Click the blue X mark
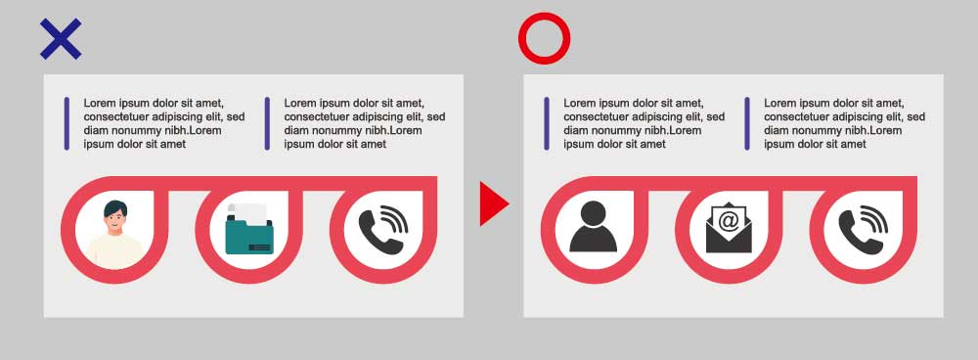pyautogui.click(x=61, y=39)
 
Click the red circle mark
pyautogui.click(x=544, y=38)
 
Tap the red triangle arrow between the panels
pyautogui.click(x=494, y=203)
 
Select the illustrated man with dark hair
pyautogui.click(x=114, y=234)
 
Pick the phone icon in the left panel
pyautogui.click(x=383, y=231)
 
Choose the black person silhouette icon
pyautogui.click(x=594, y=227)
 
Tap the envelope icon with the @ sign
pyautogui.click(x=729, y=228)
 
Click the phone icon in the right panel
pyautogui.click(x=863, y=231)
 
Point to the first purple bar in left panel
pyautogui.click(x=67, y=123)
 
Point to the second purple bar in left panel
pyautogui.click(x=267, y=123)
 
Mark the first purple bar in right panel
pyautogui.click(x=547, y=123)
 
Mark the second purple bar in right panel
pyautogui.click(x=746, y=123)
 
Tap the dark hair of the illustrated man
pyautogui.click(x=115, y=207)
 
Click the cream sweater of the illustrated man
pyautogui.click(x=114, y=251)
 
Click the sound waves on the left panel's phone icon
pyautogui.click(x=396, y=218)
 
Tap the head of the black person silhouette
pyautogui.click(x=594, y=212)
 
